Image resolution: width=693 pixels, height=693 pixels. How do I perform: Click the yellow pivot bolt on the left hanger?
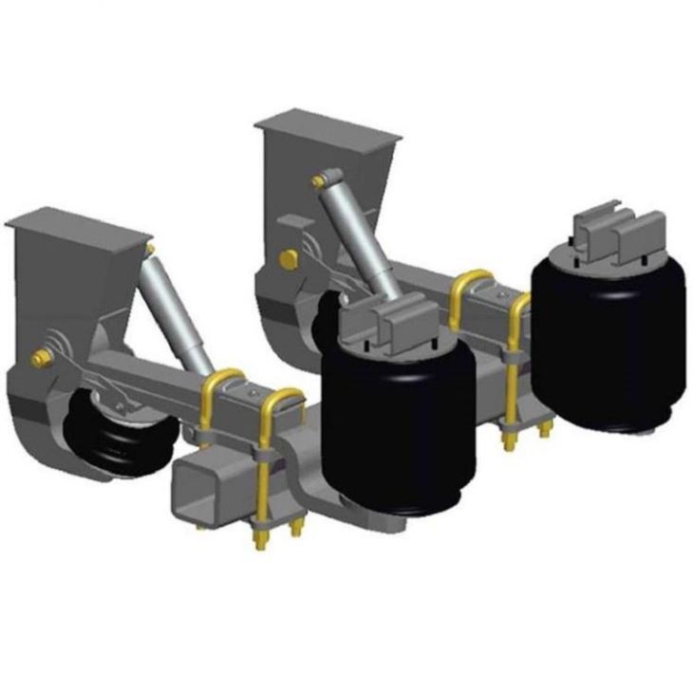point(41,358)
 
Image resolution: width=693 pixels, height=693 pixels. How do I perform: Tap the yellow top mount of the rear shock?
point(318,179)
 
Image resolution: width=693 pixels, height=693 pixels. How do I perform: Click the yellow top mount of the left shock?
point(150,249)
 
